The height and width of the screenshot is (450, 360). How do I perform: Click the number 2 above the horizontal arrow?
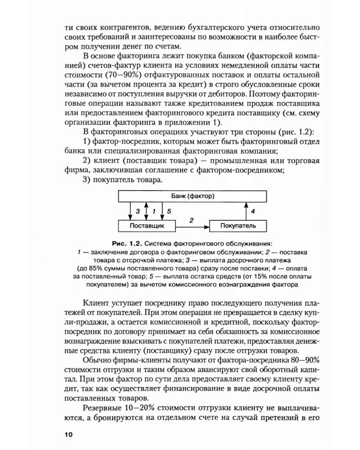(x=191, y=220)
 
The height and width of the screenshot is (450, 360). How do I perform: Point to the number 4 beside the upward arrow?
(x=253, y=211)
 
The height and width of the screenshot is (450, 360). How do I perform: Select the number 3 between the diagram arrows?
(x=137, y=212)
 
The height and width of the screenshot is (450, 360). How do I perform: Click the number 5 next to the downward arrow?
(x=169, y=212)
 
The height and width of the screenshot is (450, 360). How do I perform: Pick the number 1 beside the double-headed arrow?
(x=154, y=212)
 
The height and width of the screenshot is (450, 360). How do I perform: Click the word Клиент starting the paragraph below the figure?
(x=97, y=302)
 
